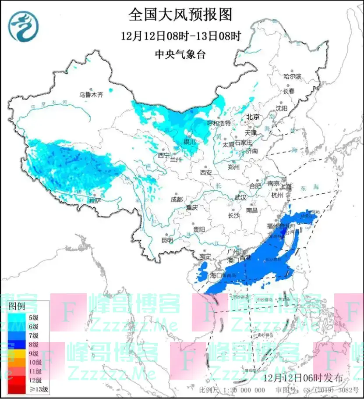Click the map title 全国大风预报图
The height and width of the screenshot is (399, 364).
coord(180,14)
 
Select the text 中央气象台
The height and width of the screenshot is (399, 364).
coord(180,54)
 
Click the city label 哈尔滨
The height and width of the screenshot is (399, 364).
coord(292,76)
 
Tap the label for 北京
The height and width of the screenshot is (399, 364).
coord(253,117)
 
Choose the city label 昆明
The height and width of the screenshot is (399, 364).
coord(167,240)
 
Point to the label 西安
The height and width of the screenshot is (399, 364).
coord(205,173)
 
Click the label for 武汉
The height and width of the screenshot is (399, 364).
coord(240,198)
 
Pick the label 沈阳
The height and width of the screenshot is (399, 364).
coord(282,108)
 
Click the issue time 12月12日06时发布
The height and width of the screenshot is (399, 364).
coord(305,377)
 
